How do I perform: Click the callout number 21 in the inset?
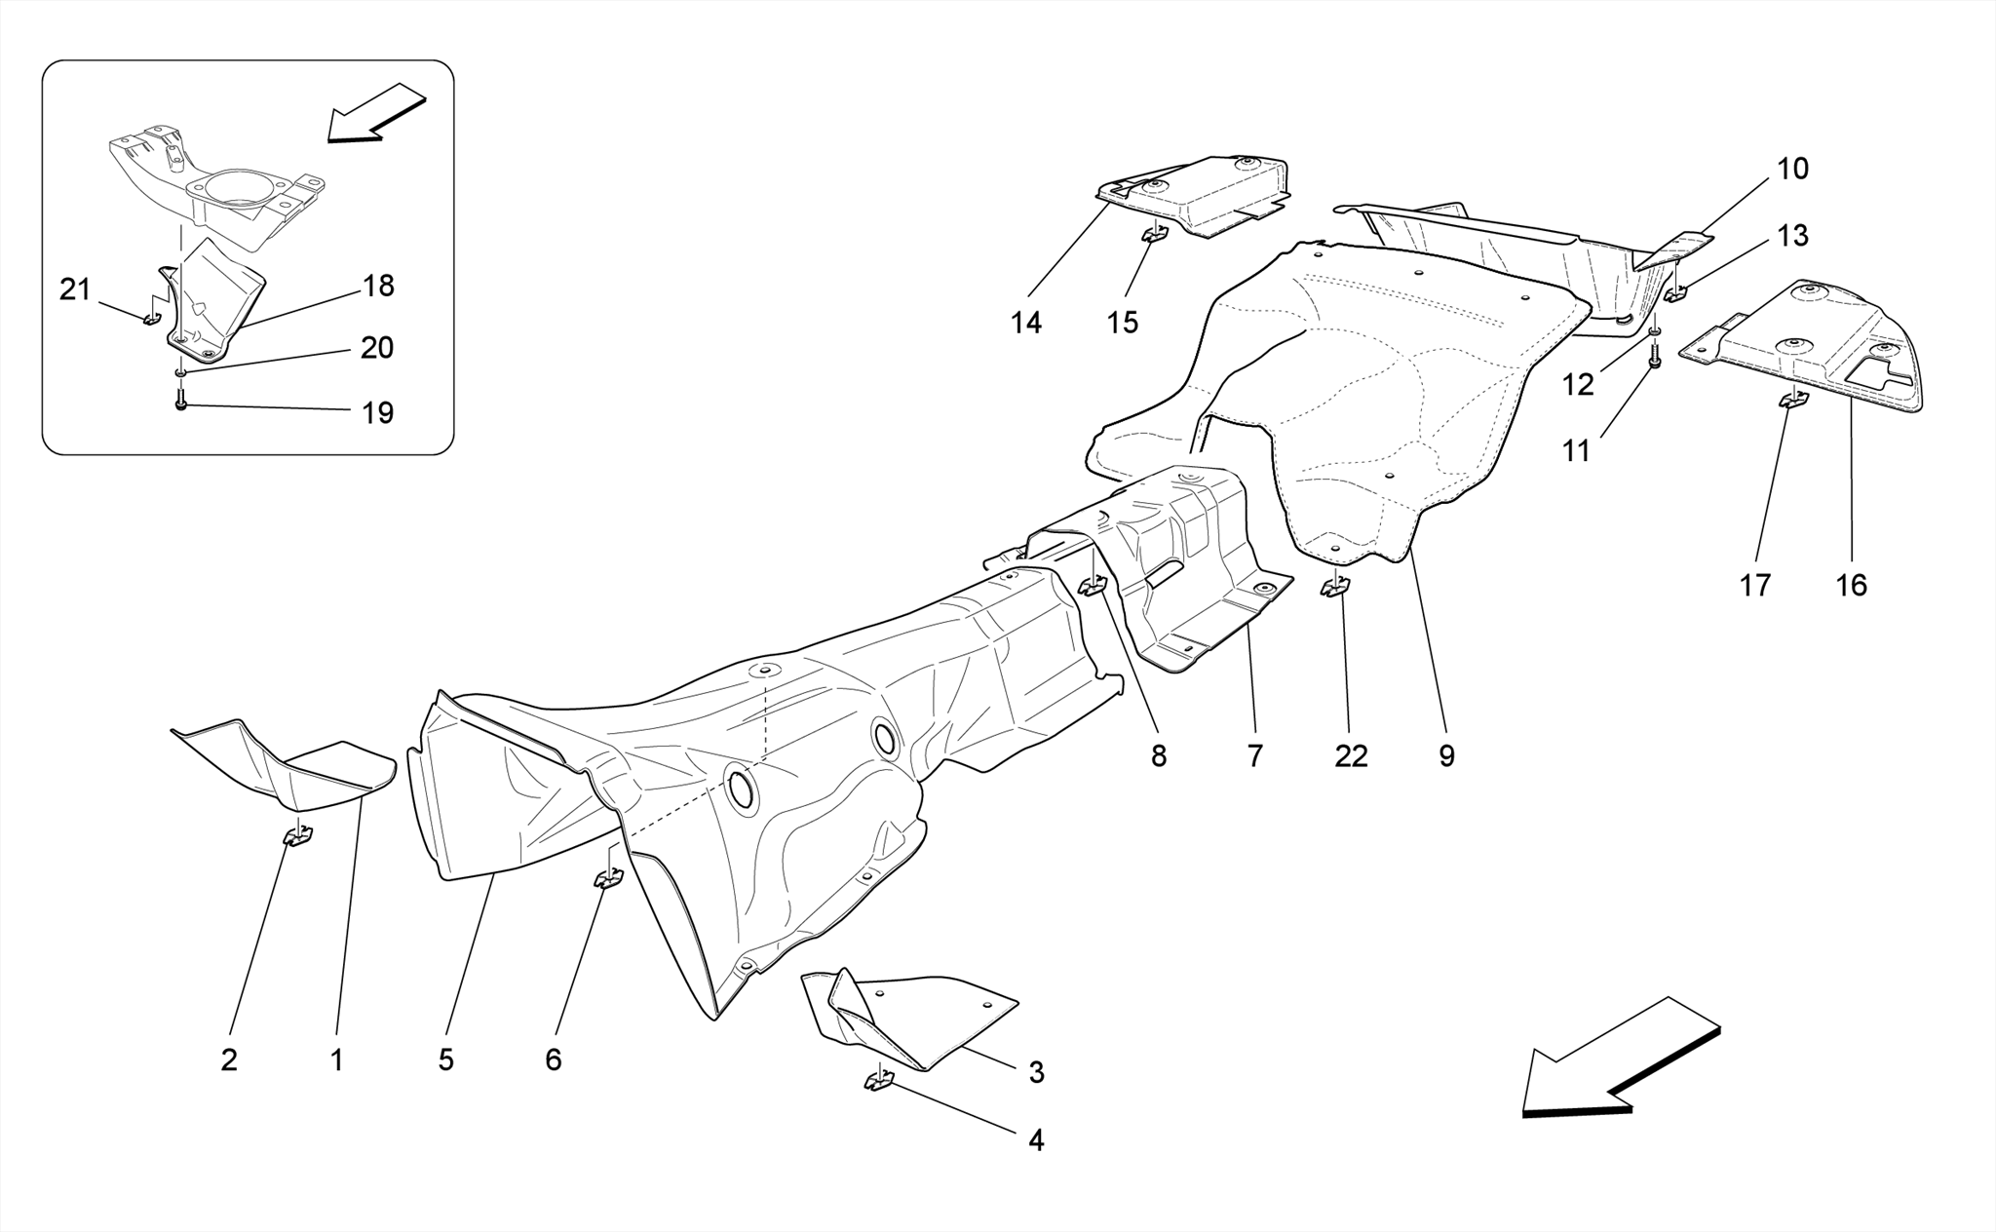coord(75,289)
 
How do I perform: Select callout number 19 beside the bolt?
coord(377,413)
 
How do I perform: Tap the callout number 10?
coord(1792,169)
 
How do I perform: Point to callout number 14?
coord(1025,323)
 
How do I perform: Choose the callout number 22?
coord(1351,755)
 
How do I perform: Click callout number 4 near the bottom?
coord(1036,1139)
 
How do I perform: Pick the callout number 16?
coord(1851,585)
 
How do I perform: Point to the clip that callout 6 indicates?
coord(608,879)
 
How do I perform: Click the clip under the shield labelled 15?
coord(1155,235)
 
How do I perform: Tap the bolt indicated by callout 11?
coord(1654,362)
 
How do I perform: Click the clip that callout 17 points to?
coord(1792,398)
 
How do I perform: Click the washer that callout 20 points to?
coord(181,372)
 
